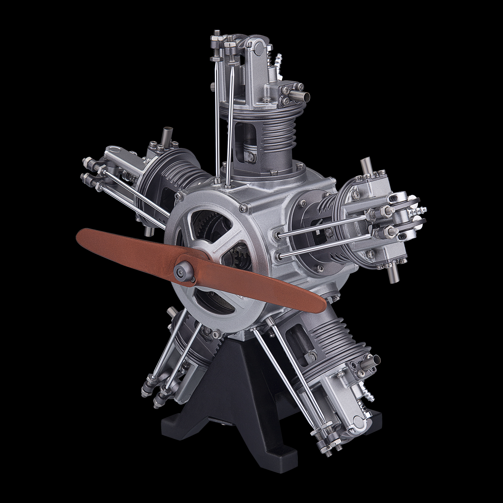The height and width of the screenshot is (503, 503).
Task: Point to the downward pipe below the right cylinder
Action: click(392, 274)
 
